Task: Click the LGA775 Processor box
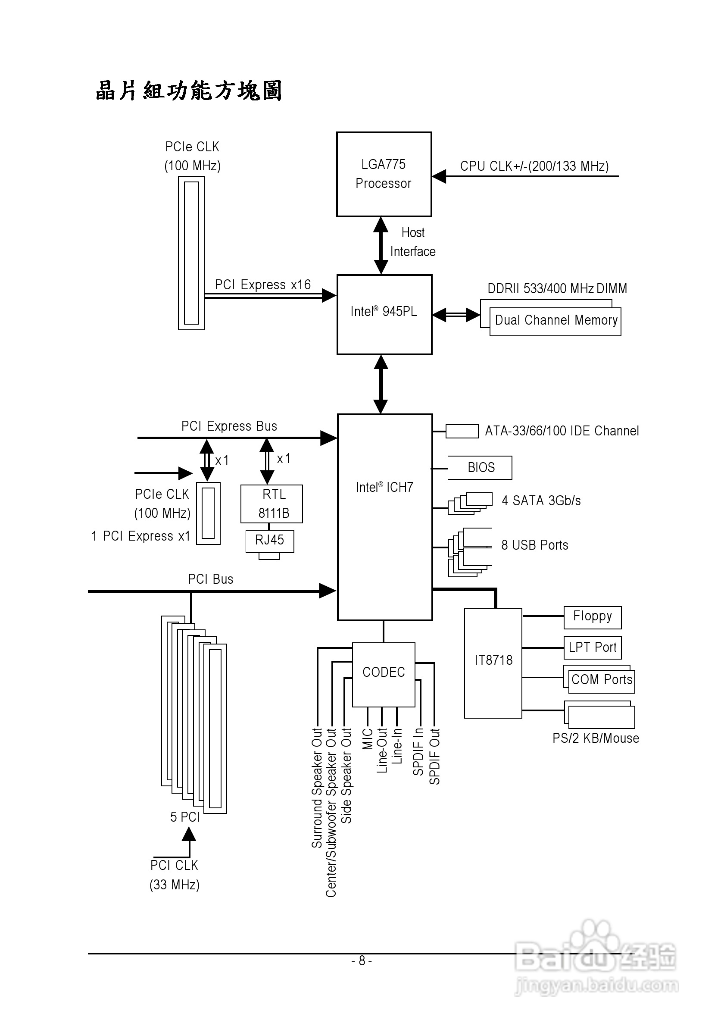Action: [x=384, y=174]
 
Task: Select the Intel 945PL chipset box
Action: [x=384, y=315]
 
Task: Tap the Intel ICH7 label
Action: [x=384, y=487]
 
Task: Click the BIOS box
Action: [x=480, y=467]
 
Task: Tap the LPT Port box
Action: [x=592, y=648]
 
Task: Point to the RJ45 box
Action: [x=269, y=541]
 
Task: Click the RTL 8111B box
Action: [x=271, y=504]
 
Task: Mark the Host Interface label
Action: [x=413, y=242]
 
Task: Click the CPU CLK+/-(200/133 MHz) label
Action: [x=534, y=166]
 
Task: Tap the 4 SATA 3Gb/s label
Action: [x=541, y=500]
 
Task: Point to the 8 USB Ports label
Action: [x=535, y=545]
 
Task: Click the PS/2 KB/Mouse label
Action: [x=596, y=738]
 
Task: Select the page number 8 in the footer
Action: [x=362, y=960]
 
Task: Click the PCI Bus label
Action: [x=210, y=579]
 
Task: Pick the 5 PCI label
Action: [x=184, y=817]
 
